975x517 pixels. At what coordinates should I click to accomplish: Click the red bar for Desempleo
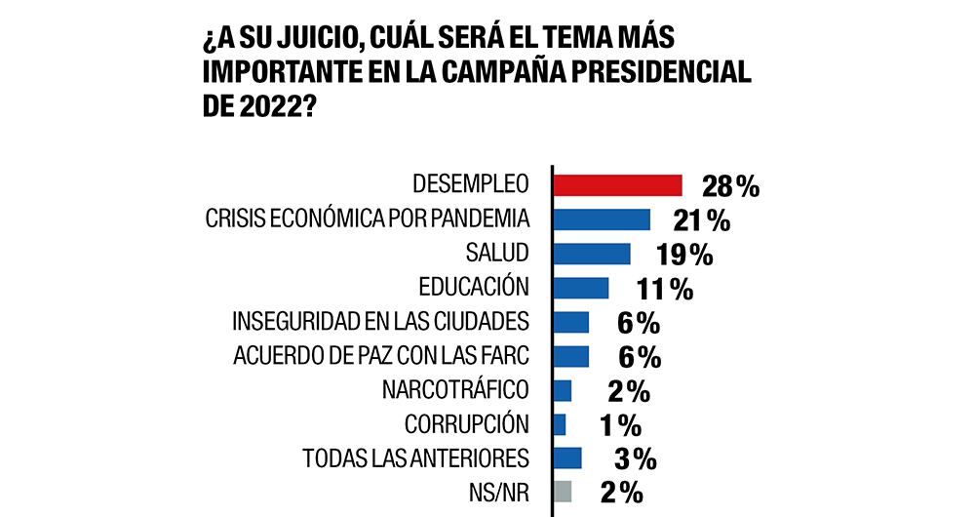point(617,184)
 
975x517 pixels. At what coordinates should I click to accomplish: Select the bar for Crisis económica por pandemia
point(602,219)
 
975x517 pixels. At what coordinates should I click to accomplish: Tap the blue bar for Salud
point(592,253)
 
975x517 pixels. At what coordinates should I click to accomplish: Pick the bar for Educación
point(581,287)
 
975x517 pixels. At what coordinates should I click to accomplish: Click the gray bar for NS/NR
point(563,491)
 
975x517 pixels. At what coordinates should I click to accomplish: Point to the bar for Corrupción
point(560,423)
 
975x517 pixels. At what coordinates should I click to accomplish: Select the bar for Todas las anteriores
point(567,457)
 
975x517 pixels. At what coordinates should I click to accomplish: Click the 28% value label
point(729,186)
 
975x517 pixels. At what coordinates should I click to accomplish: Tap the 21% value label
point(701,220)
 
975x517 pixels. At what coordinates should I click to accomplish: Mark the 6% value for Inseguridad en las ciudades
point(640,323)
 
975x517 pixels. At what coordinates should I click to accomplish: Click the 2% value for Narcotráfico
point(628,391)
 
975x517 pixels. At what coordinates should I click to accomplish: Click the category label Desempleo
point(470,184)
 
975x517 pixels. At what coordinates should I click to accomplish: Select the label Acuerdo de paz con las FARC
point(381,355)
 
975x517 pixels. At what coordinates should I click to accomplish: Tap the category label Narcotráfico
point(456,389)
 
